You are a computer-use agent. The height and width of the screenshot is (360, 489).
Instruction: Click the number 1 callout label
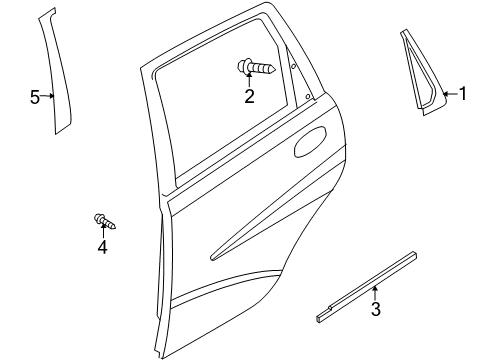pyautogui.click(x=462, y=95)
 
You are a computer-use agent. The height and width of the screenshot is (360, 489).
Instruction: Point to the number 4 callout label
pyautogui.click(x=102, y=247)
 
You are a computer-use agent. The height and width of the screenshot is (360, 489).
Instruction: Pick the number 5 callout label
pyautogui.click(x=34, y=97)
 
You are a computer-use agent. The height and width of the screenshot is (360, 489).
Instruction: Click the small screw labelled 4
pyautogui.click(x=103, y=220)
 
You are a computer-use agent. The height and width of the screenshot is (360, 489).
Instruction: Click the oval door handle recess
pyautogui.click(x=311, y=142)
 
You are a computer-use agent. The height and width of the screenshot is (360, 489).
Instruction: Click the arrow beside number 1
pyautogui.click(x=449, y=96)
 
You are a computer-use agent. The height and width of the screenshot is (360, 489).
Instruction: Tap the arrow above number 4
pyautogui.click(x=102, y=232)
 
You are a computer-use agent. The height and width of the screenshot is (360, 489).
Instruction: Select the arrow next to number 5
pyautogui.click(x=47, y=97)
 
